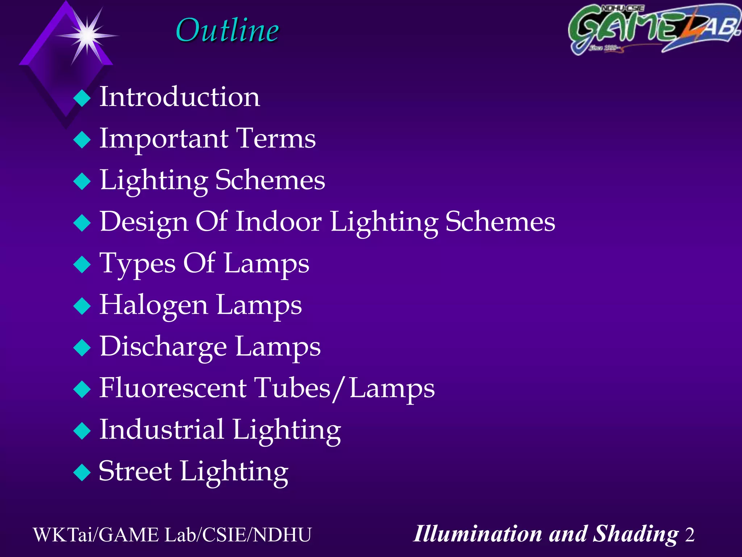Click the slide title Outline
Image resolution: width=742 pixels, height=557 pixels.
tap(227, 30)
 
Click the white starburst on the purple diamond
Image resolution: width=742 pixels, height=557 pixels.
tap(87, 36)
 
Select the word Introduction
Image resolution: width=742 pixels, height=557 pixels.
tap(180, 97)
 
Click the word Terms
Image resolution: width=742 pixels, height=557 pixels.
tap(276, 139)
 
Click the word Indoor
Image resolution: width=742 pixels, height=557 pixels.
tap(279, 222)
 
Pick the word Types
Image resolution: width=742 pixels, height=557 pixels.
tap(137, 264)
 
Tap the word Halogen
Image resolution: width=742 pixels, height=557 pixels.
tap(154, 305)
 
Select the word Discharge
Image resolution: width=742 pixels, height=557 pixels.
tap(163, 347)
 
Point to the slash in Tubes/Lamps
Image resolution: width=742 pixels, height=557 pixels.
tap(339, 389)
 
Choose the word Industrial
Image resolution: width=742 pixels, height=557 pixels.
tap(162, 430)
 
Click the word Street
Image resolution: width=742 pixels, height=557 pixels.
tap(135, 471)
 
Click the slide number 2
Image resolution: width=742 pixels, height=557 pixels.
tap(689, 535)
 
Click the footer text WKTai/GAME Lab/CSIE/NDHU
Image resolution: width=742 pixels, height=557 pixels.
tap(172, 535)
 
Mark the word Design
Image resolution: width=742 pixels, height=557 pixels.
tap(144, 222)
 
